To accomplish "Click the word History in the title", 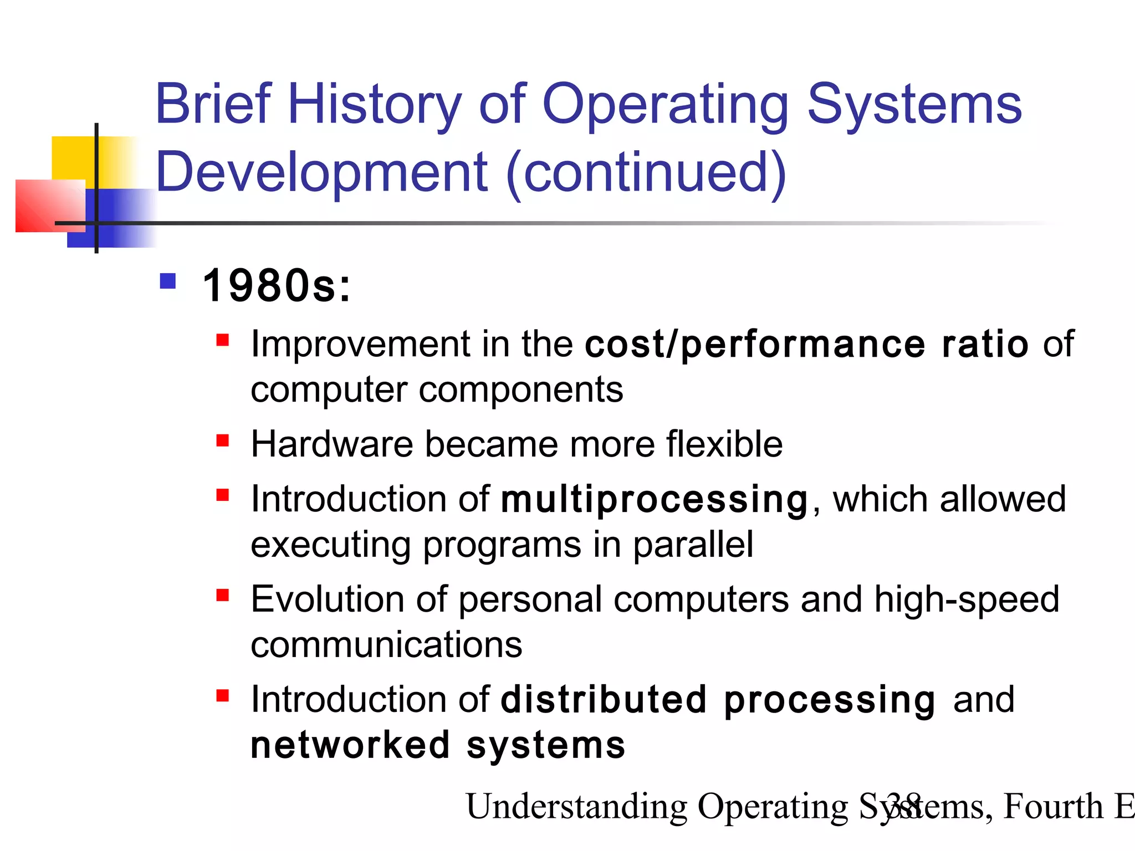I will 375,105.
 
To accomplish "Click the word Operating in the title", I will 665,105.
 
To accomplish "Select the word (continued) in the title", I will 646,173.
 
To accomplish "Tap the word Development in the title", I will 321,173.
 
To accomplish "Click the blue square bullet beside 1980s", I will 167,281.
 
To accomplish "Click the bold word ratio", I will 985,344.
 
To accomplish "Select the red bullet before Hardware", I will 223,441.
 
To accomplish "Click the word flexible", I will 724,444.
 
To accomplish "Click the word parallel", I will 693,545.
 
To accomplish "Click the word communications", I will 386,645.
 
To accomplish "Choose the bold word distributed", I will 604,700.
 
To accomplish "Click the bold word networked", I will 350,746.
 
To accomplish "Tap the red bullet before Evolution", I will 223,596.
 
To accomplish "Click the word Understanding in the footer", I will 576,807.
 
